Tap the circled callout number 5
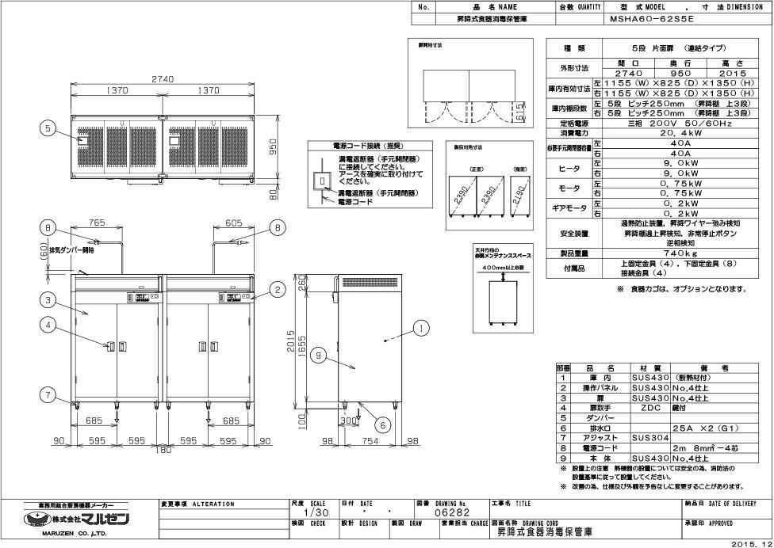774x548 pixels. click(48, 127)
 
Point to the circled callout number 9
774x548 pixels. click(318, 356)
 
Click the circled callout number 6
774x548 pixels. click(382, 424)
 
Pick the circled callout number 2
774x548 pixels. click(278, 290)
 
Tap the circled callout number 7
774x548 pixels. click(48, 394)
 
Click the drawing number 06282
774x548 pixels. click(454, 512)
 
